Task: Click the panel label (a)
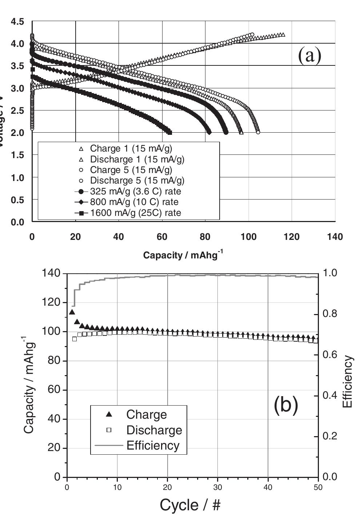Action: click(x=309, y=56)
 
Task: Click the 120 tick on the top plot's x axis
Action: click(x=292, y=237)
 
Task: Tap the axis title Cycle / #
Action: click(x=190, y=505)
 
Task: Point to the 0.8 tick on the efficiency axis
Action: click(x=330, y=314)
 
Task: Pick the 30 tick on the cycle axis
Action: click(x=217, y=487)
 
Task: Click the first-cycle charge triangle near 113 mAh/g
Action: click(x=72, y=312)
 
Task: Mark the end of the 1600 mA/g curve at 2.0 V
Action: click(x=169, y=133)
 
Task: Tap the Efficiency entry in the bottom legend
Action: click(x=153, y=446)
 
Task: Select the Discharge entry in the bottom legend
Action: click(x=154, y=430)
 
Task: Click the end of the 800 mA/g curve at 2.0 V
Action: click(x=209, y=132)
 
